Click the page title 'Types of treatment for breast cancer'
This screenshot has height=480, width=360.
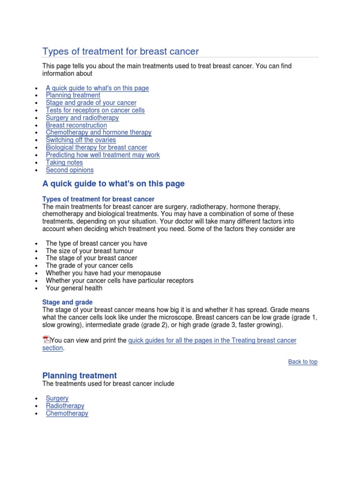point(120,51)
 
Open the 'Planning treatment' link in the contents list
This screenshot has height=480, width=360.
point(73,95)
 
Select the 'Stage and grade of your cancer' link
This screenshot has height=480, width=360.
point(91,103)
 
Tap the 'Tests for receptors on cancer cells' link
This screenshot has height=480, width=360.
point(95,110)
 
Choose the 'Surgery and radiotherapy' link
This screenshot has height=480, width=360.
point(82,118)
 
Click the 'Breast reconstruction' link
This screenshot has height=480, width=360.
point(76,125)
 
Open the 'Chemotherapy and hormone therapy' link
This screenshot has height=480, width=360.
point(98,132)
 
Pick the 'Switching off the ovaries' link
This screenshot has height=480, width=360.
point(81,140)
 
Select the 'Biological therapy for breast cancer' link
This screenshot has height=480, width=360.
point(96,147)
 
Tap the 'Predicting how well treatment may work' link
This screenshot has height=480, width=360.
point(103,155)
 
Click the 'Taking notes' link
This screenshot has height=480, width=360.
point(65,162)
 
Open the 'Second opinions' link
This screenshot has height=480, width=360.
point(69,170)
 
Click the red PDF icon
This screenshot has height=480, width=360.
point(46,340)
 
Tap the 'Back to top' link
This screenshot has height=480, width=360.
point(303,362)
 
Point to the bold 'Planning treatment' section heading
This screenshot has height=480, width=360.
point(79,375)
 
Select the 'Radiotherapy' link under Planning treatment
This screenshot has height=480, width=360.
point(65,406)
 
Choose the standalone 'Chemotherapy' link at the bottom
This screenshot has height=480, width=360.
point(67,413)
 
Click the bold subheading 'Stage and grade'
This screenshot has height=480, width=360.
point(67,302)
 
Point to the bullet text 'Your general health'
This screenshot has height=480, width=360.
point(74,288)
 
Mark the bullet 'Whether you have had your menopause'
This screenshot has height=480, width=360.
point(103,273)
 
